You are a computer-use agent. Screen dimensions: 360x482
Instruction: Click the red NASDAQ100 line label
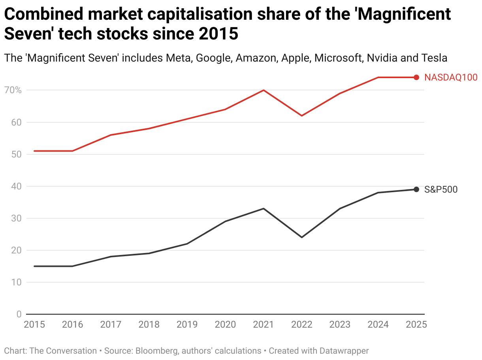(451, 77)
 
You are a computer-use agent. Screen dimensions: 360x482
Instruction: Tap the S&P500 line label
(441, 189)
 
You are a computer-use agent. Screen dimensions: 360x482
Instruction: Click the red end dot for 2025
(416, 77)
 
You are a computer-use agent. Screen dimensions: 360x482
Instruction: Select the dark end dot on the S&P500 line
(416, 189)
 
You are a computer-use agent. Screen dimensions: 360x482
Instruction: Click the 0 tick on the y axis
(19, 314)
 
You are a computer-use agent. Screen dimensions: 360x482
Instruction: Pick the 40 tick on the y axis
(16, 186)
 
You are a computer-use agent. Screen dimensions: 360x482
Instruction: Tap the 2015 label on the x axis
(34, 324)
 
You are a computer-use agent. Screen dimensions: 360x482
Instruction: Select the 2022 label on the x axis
(302, 324)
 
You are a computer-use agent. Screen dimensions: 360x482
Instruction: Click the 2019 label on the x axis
(187, 324)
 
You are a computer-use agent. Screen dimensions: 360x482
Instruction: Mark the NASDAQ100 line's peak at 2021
(264, 90)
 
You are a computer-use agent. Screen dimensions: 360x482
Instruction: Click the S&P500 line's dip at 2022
(302, 237)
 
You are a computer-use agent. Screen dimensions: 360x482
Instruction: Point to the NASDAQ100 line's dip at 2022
(302, 116)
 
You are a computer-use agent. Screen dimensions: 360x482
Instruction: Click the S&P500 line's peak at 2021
(264, 208)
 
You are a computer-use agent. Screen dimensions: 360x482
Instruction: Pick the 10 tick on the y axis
(16, 282)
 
